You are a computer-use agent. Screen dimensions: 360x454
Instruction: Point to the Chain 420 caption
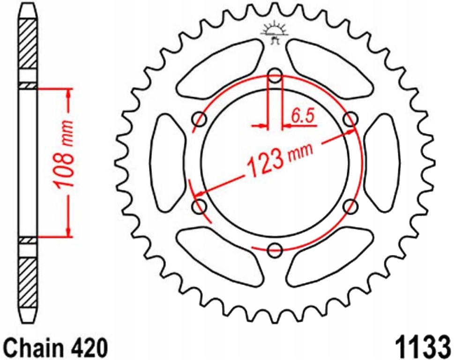point(55,348)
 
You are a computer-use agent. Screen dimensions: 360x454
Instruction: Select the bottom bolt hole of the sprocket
point(275,249)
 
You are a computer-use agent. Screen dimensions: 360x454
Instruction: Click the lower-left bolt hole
point(200,206)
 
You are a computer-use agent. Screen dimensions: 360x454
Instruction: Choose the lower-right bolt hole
point(350,206)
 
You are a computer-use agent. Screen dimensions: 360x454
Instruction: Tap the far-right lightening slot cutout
point(382,162)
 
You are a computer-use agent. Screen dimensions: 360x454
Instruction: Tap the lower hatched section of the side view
point(28,281)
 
